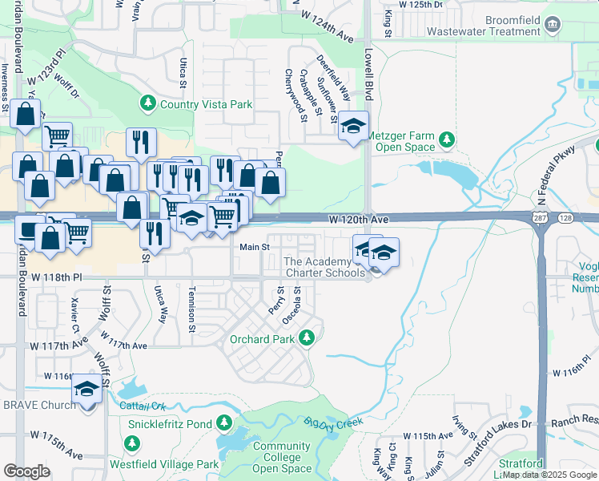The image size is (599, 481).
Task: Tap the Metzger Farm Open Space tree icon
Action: (x=447, y=141)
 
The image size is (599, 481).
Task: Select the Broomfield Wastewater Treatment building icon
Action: (x=553, y=25)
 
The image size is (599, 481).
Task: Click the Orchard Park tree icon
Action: (x=306, y=339)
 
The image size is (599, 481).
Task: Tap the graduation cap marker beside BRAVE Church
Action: (x=86, y=390)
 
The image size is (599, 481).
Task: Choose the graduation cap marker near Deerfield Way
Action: (x=352, y=127)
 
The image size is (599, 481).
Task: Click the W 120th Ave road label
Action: (x=358, y=219)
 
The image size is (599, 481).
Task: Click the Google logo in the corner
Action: (x=27, y=471)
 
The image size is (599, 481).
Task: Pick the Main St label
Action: (x=254, y=247)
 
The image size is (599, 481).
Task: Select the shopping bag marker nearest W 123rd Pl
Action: (x=26, y=115)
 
